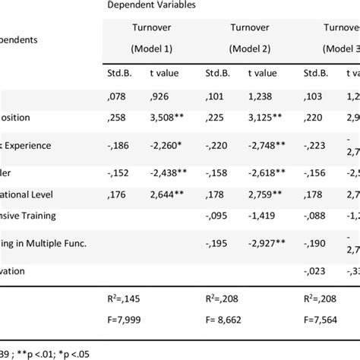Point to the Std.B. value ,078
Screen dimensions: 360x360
click(x=118, y=96)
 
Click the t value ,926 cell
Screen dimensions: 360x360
click(x=159, y=96)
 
